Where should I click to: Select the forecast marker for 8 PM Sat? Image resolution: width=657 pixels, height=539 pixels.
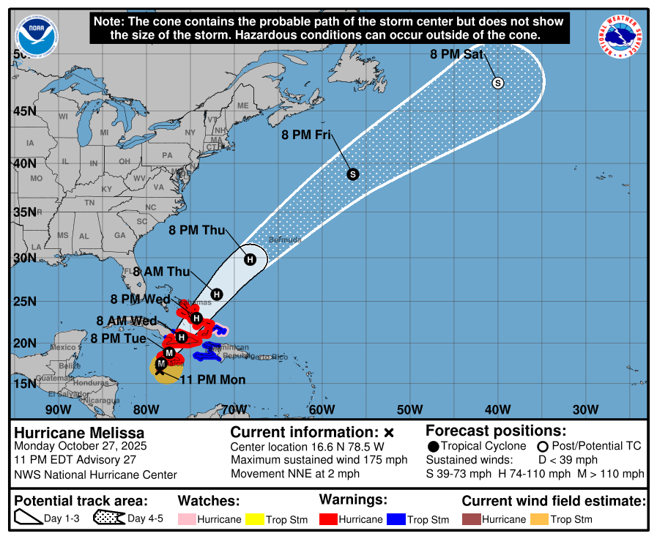pos(498,83)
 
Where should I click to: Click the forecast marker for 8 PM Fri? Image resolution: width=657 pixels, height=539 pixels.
pos(352,174)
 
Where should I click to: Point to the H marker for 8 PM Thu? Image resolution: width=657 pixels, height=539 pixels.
pos(250,259)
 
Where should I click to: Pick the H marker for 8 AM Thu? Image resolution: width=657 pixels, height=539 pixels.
pos(217,294)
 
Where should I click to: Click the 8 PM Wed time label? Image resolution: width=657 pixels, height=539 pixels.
pos(140,299)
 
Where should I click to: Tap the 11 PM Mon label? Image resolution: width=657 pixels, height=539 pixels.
pos(212,379)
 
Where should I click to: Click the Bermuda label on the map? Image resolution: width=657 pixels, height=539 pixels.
pos(285,240)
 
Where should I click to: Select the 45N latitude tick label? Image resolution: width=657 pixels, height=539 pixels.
pos(23,111)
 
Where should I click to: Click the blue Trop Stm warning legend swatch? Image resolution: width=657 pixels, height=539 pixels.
pos(396,519)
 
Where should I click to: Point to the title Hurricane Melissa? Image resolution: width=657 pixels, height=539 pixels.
pos(79,433)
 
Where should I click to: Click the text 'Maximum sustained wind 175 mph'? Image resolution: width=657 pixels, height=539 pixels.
pos(319,460)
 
